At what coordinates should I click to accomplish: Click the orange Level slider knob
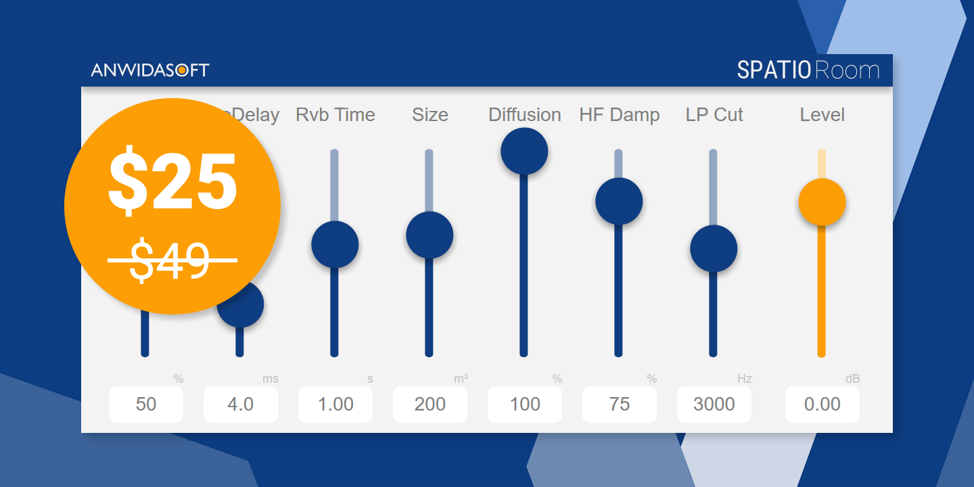point(822,202)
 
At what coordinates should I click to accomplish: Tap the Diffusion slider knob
point(524,151)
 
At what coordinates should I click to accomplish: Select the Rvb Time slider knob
point(335,244)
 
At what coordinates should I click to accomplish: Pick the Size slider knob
point(430,235)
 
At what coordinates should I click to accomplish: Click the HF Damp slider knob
point(619,201)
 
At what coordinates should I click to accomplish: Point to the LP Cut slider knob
point(714,248)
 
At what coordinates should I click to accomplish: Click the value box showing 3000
point(714,404)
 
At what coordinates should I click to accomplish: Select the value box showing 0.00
point(822,404)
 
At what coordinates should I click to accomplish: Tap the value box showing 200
point(430,404)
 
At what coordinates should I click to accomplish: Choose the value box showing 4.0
point(241,404)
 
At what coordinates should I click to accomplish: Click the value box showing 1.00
point(335,404)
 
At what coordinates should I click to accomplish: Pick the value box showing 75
point(620,404)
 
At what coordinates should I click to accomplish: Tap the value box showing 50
point(146,404)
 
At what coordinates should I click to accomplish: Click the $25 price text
point(172,182)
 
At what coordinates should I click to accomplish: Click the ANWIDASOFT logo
point(150,70)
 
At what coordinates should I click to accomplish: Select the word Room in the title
point(848,70)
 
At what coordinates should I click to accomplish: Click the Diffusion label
point(525,115)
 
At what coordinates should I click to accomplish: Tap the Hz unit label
point(745,379)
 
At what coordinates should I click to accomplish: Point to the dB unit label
point(853,379)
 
